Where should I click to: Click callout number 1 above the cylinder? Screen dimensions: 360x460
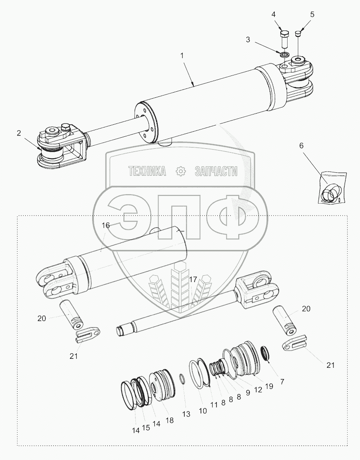(182, 55)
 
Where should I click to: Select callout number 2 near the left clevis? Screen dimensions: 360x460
(19, 133)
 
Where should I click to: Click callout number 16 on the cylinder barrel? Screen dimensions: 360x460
(105, 225)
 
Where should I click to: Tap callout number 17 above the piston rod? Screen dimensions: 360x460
(193, 279)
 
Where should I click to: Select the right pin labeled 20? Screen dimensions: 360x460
(284, 320)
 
